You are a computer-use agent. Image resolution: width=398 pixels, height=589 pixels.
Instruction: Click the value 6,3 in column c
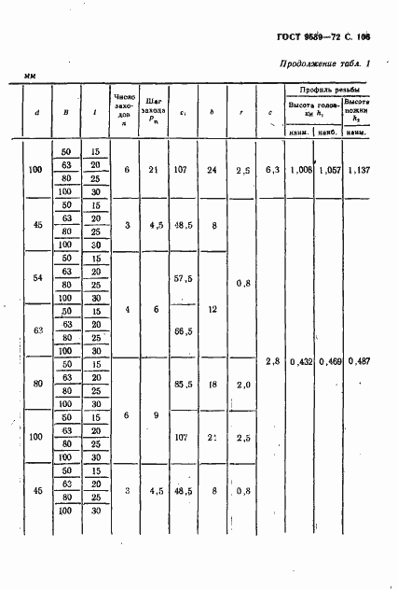271,171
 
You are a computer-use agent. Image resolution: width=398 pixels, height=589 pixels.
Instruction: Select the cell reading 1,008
300,171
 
